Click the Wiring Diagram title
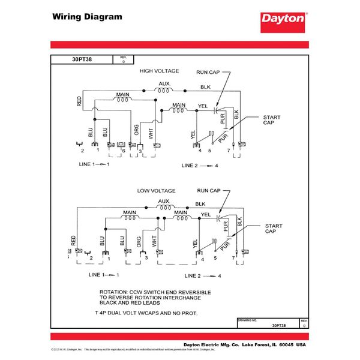click(x=87, y=17)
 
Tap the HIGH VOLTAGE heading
click(x=159, y=71)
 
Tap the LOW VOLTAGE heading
click(x=156, y=190)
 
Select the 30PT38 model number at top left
click(x=81, y=59)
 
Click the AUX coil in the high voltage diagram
click(x=164, y=90)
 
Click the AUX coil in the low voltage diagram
click(x=164, y=207)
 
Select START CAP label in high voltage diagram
click(x=270, y=120)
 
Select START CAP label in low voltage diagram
click(x=271, y=229)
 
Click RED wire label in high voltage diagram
click(x=79, y=101)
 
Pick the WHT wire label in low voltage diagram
click(x=154, y=241)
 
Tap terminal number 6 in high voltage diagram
click(x=123, y=151)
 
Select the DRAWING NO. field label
click(x=248, y=320)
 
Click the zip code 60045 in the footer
click(x=286, y=346)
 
